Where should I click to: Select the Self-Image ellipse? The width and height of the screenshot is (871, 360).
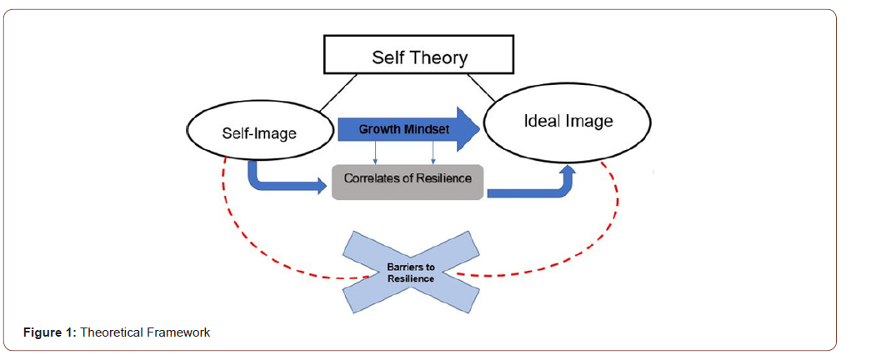tap(259, 132)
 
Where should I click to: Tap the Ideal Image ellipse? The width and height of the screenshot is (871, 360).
tap(568, 122)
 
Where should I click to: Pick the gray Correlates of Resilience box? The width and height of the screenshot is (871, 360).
tap(407, 178)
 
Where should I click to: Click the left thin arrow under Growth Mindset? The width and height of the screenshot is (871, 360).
tap(374, 152)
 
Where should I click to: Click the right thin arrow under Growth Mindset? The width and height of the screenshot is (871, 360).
tap(433, 152)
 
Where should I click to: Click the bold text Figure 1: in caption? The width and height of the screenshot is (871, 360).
tap(49, 332)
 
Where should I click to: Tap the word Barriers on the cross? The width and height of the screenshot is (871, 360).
tap(410, 267)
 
